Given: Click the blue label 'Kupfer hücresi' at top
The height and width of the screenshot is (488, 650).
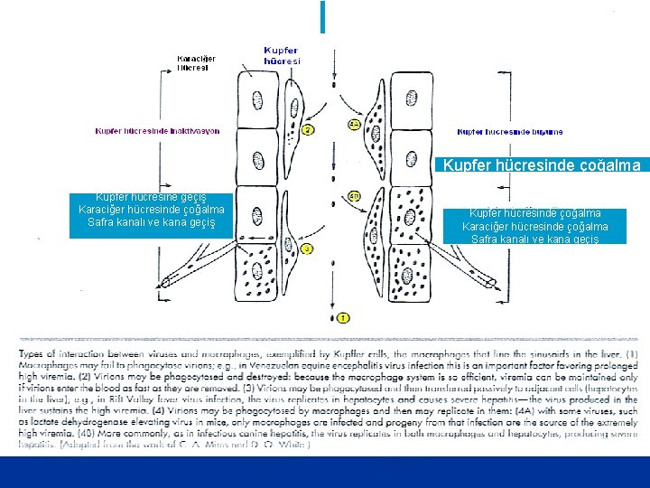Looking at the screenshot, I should click(282, 55).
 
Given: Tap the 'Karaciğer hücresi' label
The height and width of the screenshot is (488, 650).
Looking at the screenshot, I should click(195, 63).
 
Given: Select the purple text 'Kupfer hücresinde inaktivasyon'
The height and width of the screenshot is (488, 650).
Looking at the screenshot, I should click(157, 131).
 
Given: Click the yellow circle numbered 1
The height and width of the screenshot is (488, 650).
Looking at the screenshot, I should click(337, 318).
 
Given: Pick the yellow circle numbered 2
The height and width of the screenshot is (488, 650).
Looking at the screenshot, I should click(309, 130).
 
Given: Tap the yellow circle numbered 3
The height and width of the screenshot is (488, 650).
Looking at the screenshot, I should click(308, 249).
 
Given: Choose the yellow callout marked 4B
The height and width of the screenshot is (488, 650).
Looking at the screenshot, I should click(355, 195).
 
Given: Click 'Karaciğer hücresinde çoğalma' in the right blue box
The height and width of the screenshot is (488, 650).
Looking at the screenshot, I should click(535, 226).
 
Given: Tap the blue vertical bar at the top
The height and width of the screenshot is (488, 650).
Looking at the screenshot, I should click(322, 16).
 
